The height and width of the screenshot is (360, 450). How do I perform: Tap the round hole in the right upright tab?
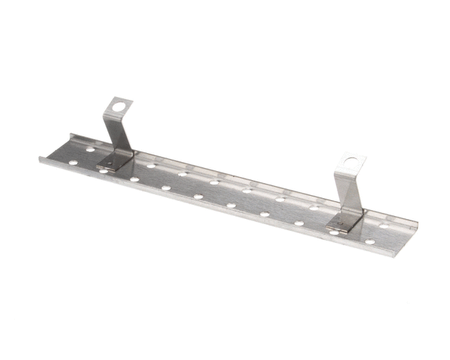(351, 163)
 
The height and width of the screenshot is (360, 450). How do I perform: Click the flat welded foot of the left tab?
(112, 161)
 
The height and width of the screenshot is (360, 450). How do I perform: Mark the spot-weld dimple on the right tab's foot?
(343, 221)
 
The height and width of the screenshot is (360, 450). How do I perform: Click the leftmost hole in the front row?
(103, 172)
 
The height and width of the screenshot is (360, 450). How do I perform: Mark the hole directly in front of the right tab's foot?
(333, 232)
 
